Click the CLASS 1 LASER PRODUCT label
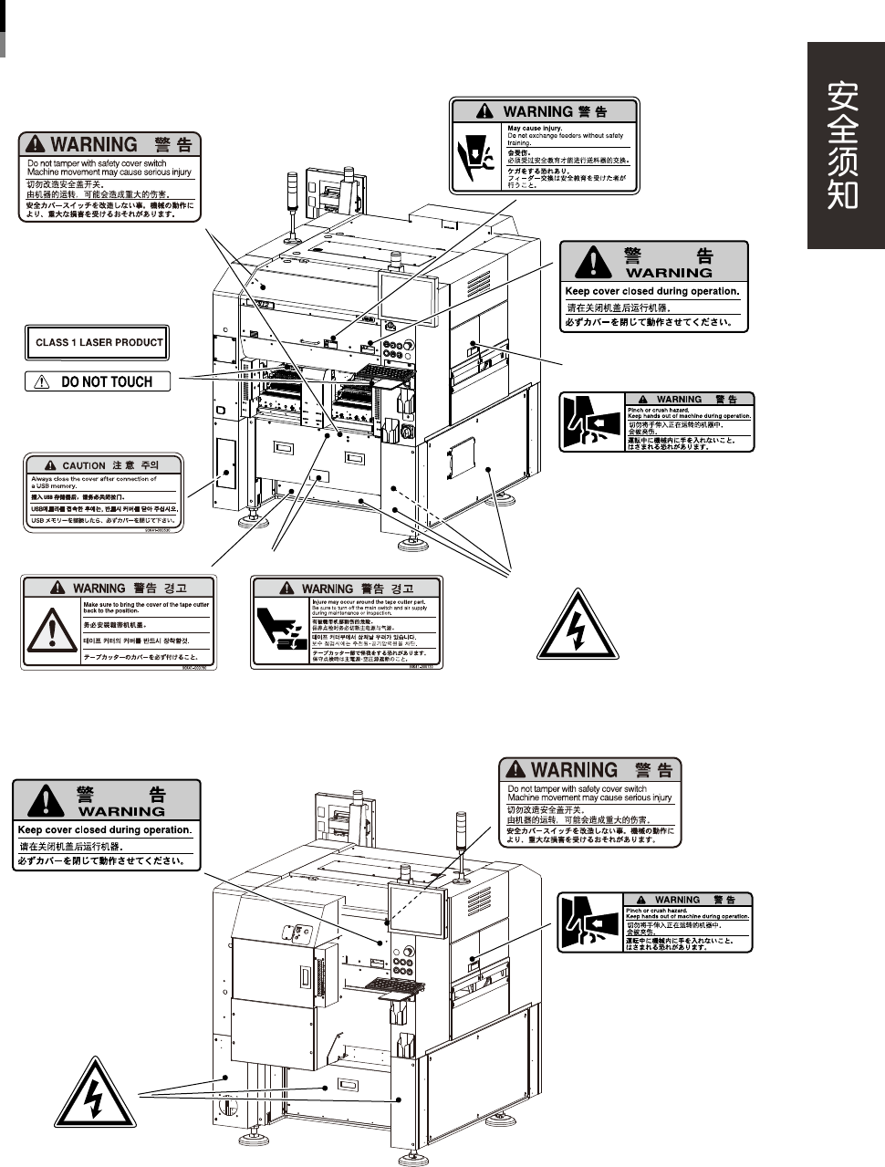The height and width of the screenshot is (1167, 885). click(98, 343)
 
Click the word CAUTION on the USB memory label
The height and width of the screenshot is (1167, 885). click(84, 465)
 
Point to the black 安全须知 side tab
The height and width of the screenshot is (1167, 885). click(844, 146)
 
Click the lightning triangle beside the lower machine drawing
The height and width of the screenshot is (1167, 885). click(93, 1095)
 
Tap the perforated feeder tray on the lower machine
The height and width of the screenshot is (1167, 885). click(396, 985)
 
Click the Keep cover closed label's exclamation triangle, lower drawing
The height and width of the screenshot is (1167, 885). click(46, 800)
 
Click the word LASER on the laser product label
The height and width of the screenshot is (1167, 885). click(109, 343)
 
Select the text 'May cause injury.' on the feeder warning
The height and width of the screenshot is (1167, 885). click(535, 129)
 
